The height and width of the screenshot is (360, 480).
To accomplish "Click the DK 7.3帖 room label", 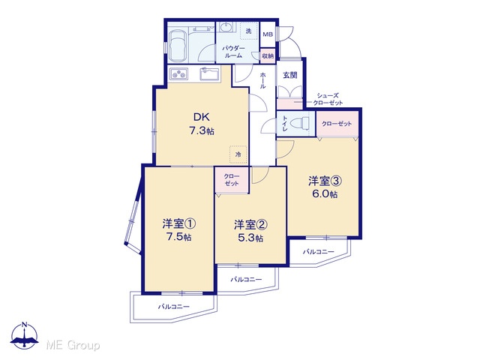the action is click(x=202, y=124).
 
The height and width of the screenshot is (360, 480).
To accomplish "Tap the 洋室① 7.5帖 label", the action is click(x=179, y=230).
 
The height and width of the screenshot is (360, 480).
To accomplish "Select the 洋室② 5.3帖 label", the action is click(x=250, y=231).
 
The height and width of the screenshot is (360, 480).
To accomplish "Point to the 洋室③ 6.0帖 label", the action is click(x=325, y=187).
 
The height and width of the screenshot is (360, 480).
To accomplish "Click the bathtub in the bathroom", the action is click(x=178, y=45).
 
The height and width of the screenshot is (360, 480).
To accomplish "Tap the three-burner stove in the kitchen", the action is click(x=178, y=73).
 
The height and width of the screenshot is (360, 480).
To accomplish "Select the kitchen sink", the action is click(x=210, y=73).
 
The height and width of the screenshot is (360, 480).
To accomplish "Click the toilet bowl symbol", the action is click(x=302, y=123).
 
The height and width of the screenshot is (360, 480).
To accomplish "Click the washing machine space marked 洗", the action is click(x=248, y=31).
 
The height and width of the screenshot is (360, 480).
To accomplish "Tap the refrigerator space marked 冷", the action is click(x=238, y=154).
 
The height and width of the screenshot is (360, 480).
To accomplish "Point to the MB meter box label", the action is click(x=268, y=34).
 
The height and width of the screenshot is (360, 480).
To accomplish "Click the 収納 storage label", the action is click(x=268, y=56).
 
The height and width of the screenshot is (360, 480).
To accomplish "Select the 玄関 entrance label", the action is click(x=290, y=75).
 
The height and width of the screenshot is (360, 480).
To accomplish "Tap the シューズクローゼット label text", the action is click(x=328, y=99).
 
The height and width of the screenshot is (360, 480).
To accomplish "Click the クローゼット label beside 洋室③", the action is click(x=337, y=124).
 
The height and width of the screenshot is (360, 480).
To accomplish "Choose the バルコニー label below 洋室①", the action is click(x=174, y=307).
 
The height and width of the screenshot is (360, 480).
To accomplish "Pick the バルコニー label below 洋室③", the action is click(x=319, y=252).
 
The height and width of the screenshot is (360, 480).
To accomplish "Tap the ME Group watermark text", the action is click(x=73, y=345).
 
